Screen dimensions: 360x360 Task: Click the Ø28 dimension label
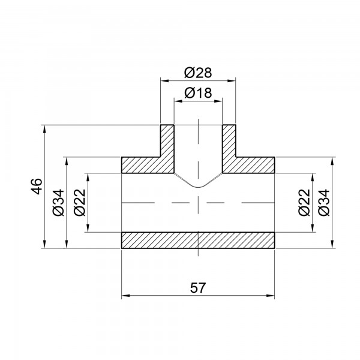198,73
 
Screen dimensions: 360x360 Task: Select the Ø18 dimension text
198,93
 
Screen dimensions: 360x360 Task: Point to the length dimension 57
198,288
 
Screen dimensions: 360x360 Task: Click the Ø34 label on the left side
58,203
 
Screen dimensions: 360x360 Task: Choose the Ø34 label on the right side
325,203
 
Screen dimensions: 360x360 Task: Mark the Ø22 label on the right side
304,203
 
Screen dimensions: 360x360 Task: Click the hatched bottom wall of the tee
198,240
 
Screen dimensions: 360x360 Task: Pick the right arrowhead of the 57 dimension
272,295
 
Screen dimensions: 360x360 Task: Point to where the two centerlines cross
198,202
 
